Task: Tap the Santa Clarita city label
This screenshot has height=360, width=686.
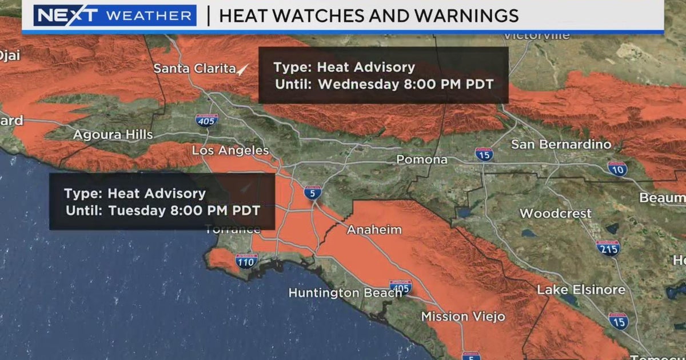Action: [x=195, y=69]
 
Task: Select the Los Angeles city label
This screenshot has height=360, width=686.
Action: [x=230, y=150]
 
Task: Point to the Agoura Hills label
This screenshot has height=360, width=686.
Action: [x=113, y=135]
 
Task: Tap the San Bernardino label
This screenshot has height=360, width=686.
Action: [x=561, y=144]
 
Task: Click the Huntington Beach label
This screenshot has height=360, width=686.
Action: [x=345, y=293]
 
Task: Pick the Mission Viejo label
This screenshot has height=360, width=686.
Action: [x=463, y=316]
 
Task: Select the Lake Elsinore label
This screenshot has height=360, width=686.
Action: [x=581, y=290]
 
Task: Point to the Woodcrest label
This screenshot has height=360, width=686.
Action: [x=556, y=214]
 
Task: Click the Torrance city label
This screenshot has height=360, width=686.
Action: [x=234, y=230]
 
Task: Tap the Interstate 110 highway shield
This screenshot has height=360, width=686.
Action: [x=246, y=261]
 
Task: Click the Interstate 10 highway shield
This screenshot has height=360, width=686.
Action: [x=617, y=169]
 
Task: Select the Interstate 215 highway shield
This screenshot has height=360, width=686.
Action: [x=608, y=247]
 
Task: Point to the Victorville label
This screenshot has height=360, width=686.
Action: [x=536, y=36]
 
